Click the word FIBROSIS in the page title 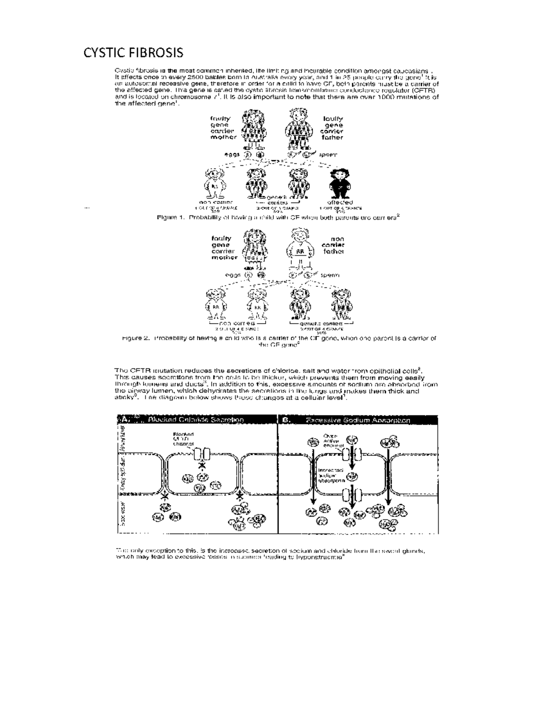coord(155,53)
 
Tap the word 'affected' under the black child coord(340,202)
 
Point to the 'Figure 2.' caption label coord(136,338)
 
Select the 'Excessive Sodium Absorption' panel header coord(358,420)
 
